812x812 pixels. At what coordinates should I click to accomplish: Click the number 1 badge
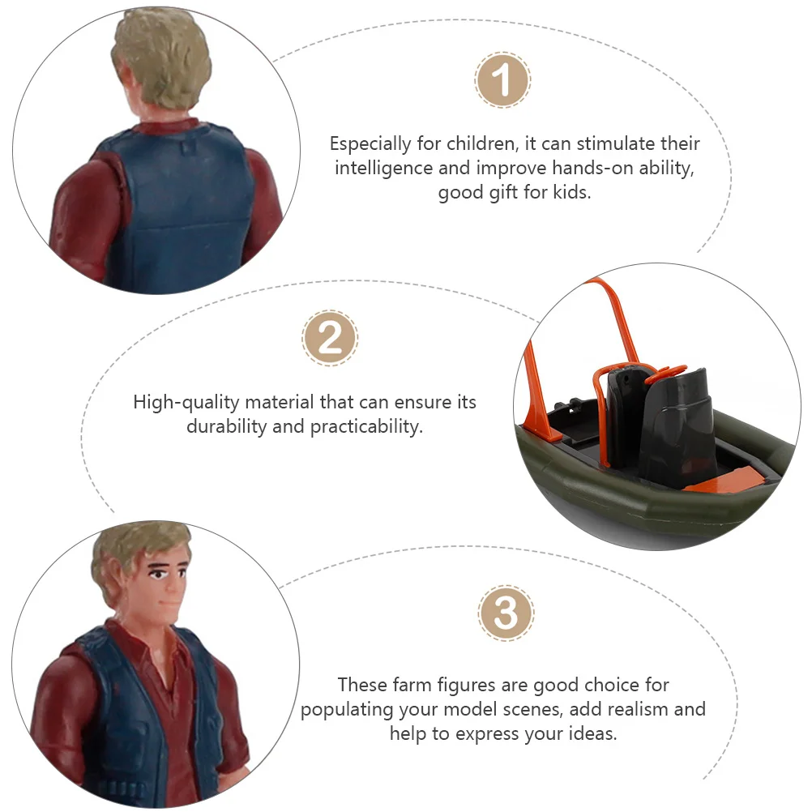(502, 79)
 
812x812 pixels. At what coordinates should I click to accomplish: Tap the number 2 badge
(330, 338)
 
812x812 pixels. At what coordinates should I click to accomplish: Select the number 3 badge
(506, 613)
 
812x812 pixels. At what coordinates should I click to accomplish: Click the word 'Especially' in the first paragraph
(370, 144)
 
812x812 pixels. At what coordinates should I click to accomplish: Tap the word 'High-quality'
(186, 403)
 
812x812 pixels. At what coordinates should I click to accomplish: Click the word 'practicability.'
(366, 427)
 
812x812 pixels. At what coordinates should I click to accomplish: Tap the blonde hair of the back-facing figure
(160, 54)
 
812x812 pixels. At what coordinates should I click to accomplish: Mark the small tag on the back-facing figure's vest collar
(187, 148)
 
